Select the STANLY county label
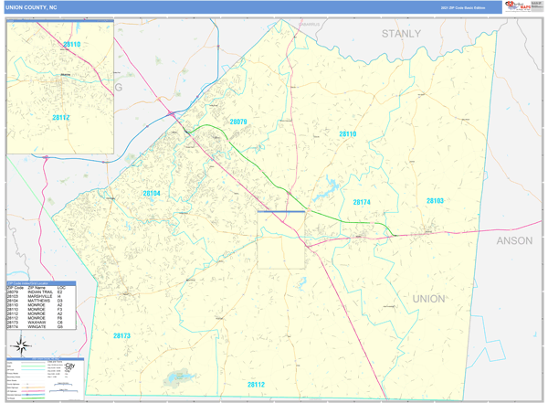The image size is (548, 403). (x=401, y=34)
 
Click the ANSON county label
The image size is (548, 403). (x=517, y=241)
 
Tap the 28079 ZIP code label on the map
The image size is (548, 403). (x=237, y=122)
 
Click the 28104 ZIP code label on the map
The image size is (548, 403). (x=151, y=194)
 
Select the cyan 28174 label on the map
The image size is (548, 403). (x=362, y=202)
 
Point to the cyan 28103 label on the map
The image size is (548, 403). (x=435, y=200)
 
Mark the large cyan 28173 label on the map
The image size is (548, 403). (x=121, y=336)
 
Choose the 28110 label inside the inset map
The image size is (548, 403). (x=72, y=44)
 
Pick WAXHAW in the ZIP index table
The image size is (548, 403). (x=37, y=323)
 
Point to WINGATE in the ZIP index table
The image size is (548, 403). (x=38, y=327)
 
